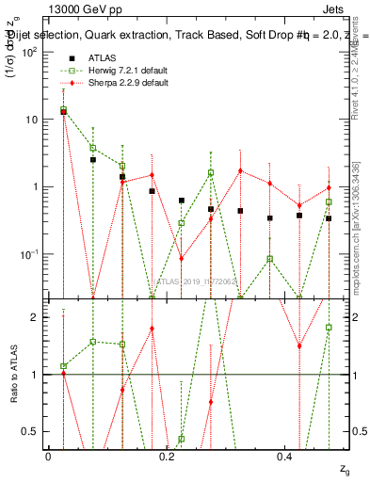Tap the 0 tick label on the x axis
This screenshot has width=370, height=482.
pos(48,456)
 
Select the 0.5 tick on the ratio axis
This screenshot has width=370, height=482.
pos(32,431)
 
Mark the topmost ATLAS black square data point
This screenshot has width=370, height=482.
pos(63,111)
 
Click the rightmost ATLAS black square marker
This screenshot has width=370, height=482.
pos(329,218)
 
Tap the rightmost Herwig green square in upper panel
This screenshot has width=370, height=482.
pos(329,201)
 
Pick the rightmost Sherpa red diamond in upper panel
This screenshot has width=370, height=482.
pos(329,187)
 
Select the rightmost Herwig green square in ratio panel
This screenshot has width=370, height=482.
pos(329,328)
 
